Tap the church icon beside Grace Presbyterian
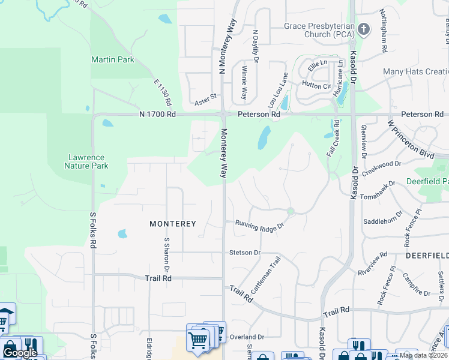363,29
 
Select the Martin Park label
113,59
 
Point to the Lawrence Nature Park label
88,161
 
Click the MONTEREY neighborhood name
173,224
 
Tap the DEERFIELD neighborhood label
427,255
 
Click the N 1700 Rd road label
157,113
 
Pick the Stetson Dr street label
244,253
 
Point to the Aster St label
205,96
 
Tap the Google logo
20,353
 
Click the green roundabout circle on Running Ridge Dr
291,211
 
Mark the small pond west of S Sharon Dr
122,233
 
